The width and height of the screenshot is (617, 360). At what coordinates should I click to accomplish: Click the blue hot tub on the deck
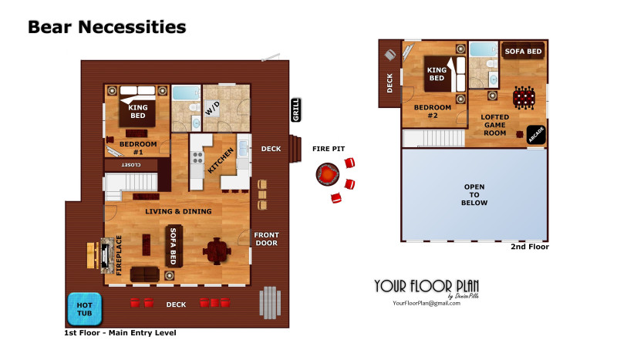pyautogui.click(x=85, y=309)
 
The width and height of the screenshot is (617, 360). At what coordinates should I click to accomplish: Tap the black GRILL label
pyautogui.click(x=296, y=109)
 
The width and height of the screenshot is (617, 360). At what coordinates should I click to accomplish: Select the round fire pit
pyautogui.click(x=327, y=174)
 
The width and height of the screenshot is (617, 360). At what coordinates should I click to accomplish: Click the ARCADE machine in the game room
pyautogui.click(x=535, y=135)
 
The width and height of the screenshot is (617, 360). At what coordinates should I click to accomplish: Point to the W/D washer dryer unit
pyautogui.click(x=212, y=109)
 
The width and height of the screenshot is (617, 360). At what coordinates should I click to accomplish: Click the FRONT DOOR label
pyautogui.click(x=266, y=239)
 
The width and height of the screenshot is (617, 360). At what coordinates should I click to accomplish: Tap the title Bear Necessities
pyautogui.click(x=106, y=27)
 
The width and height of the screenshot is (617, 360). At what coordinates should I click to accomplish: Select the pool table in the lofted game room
pyautogui.click(x=524, y=97)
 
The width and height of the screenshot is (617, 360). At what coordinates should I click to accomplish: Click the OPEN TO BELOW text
pyautogui.click(x=474, y=195)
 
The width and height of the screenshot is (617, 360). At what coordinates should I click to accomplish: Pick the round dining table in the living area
pyautogui.click(x=217, y=251)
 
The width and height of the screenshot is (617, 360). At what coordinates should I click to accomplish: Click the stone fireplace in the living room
pyautogui.click(x=107, y=256)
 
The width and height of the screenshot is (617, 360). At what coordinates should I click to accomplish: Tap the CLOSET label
pyautogui.click(x=131, y=164)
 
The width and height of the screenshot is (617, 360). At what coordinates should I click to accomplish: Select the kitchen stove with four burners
pyautogui.click(x=197, y=157)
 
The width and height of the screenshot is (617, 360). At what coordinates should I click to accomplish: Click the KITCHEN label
pyautogui.click(x=221, y=160)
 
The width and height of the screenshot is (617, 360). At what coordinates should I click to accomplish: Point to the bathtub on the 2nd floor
pyautogui.click(x=484, y=49)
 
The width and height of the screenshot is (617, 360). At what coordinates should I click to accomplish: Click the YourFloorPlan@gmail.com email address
pyautogui.click(x=427, y=304)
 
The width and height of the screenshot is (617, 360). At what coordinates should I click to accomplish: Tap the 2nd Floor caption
pyautogui.click(x=530, y=247)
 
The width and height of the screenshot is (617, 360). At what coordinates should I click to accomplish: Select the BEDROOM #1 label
pyautogui.click(x=138, y=148)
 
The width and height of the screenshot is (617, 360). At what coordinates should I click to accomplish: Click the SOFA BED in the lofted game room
pyautogui.click(x=523, y=51)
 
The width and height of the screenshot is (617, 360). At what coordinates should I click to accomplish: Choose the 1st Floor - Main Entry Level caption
pyautogui.click(x=120, y=333)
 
